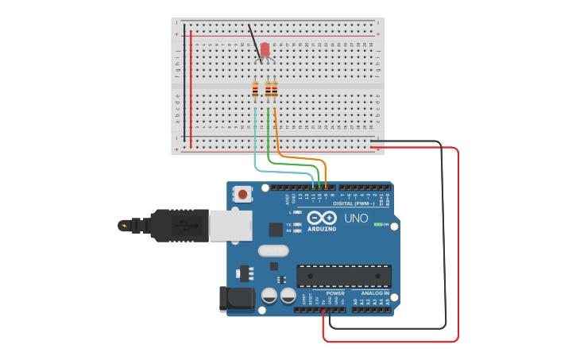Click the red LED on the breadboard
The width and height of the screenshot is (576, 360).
coord(265,50)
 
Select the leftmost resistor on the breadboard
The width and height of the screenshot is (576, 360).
coord(255,91)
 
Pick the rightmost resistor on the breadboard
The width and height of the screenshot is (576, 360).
coord(275,91)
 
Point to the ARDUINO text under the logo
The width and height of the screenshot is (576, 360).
coord(322,229)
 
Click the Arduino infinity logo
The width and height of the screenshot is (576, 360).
coord(322,218)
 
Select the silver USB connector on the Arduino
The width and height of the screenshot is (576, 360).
coord(231,225)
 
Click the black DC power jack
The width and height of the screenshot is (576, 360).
coord(236,298)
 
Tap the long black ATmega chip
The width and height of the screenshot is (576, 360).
coord(344,276)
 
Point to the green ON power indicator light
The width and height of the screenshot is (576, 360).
coord(378,225)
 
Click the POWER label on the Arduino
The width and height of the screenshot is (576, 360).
coord(334,293)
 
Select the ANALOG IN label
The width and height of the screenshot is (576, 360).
coord(376,293)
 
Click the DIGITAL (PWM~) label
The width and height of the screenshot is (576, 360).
coord(355,203)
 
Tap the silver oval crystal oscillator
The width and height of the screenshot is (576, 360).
coord(273,250)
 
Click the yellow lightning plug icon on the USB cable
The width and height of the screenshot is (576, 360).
coord(124,225)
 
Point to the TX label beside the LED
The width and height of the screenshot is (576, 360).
coord(288,224)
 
